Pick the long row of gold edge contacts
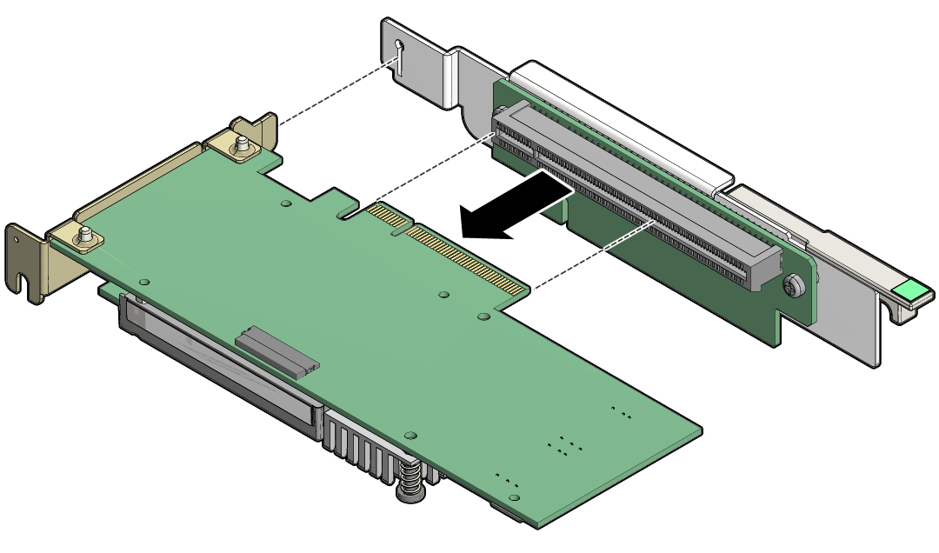coord(469,259)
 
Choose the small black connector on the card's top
coord(276,351)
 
